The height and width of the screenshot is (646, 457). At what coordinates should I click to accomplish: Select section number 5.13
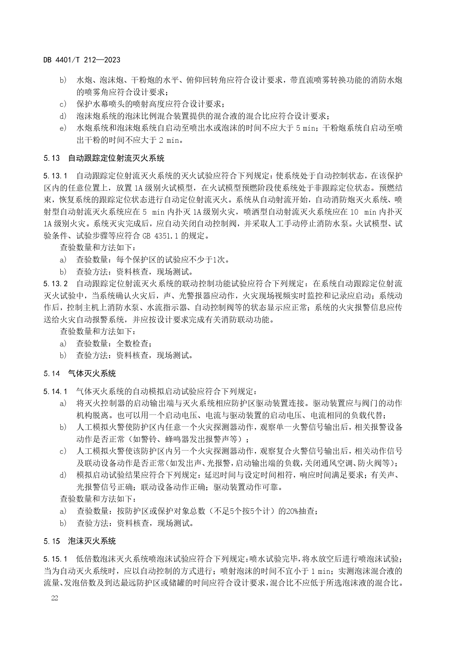coord(51,159)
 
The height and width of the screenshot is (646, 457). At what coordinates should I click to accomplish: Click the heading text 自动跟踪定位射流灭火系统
coord(116,159)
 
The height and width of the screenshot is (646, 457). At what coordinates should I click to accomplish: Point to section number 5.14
coord(51,374)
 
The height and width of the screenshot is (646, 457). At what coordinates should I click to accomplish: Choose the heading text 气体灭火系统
coord(92,374)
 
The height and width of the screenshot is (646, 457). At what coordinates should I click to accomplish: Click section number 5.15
coord(51,541)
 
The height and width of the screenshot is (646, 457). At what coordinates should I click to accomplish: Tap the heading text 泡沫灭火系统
coord(92,541)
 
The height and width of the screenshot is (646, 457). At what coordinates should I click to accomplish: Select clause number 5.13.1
coord(55,175)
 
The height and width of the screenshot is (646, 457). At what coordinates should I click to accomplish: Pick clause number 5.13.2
coord(55,284)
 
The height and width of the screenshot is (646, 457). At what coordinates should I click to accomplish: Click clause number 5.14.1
coord(55,391)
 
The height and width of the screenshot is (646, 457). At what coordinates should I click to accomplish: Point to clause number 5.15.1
coord(55,559)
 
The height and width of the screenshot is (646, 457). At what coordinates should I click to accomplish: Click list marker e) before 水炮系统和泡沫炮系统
coord(63,128)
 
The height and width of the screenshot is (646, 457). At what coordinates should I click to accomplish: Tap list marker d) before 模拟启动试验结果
coord(63,475)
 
